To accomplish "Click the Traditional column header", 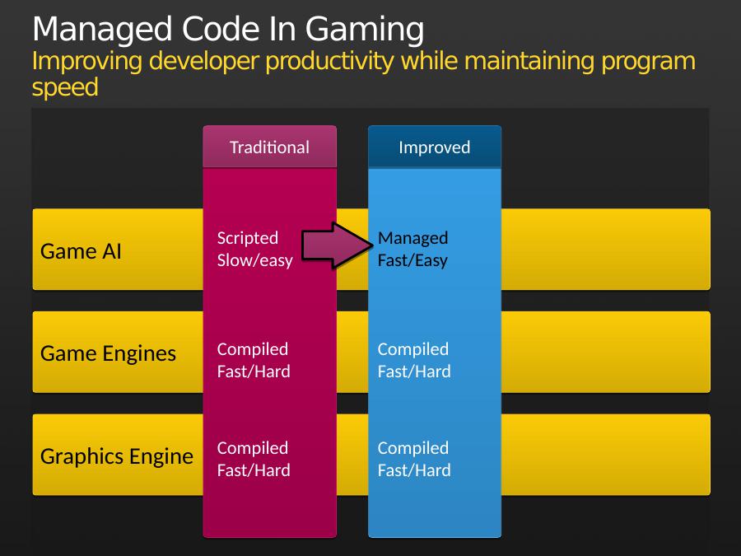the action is coord(269,147).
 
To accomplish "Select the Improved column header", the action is coord(434,147).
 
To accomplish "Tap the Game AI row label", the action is coord(81,251).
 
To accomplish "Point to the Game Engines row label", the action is coord(108,353).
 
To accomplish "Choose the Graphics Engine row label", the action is coord(117,456).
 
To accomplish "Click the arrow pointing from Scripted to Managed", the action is coord(337,245).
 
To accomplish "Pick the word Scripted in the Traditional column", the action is coord(248,238).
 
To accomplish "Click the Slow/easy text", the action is coord(255,260).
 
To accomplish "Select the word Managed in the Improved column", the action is coord(412,238).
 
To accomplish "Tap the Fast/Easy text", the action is coord(412,260).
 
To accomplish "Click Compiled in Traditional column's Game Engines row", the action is coord(253,349).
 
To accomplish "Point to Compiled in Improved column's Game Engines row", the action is coord(413,349).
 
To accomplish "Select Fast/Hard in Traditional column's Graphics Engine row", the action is coord(254,470).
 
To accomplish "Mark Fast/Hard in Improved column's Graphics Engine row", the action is coord(414,470).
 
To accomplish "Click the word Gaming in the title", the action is coord(365,30).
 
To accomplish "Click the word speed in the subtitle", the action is coord(65,88).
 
